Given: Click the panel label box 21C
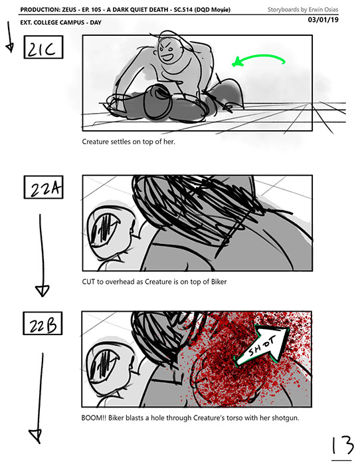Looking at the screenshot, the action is (x=43, y=47).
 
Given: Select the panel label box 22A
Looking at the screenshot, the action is (x=43, y=187).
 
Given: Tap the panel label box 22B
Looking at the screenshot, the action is (x=43, y=323).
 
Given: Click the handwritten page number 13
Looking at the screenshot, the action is (x=343, y=446).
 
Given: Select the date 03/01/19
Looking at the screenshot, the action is (x=323, y=20).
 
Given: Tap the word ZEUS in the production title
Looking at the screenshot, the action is (x=69, y=10).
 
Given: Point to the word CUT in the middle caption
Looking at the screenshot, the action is (x=88, y=281).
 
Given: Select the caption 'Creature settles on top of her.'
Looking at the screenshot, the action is (x=129, y=142).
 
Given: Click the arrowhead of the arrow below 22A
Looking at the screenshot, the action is (x=43, y=291).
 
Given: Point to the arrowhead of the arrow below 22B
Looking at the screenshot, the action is (x=36, y=436).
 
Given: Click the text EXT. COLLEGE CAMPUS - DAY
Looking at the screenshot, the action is (x=61, y=23).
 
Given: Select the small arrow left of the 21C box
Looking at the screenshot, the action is (x=9, y=37).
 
